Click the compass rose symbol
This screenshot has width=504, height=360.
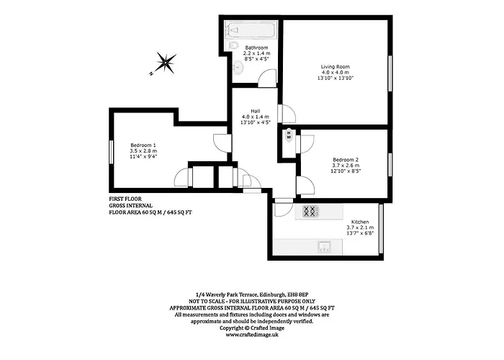pos(166,63)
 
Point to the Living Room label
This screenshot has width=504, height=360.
pos(335,67)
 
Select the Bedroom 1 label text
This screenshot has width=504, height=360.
pos(143,145)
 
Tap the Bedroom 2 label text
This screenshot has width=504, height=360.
pos(346,159)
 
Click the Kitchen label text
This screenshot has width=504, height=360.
pos(360,222)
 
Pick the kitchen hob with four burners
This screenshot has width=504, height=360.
pos(310,211)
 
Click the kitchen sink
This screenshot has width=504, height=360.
pos(324,248)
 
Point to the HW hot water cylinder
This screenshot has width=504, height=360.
pos(289,135)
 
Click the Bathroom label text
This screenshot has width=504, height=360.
pos(256,48)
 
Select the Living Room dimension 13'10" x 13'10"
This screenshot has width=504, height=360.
pos(335,78)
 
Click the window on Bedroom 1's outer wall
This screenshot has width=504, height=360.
pos(111,152)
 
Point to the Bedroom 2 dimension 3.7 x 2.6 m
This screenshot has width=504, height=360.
pos(346,166)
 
